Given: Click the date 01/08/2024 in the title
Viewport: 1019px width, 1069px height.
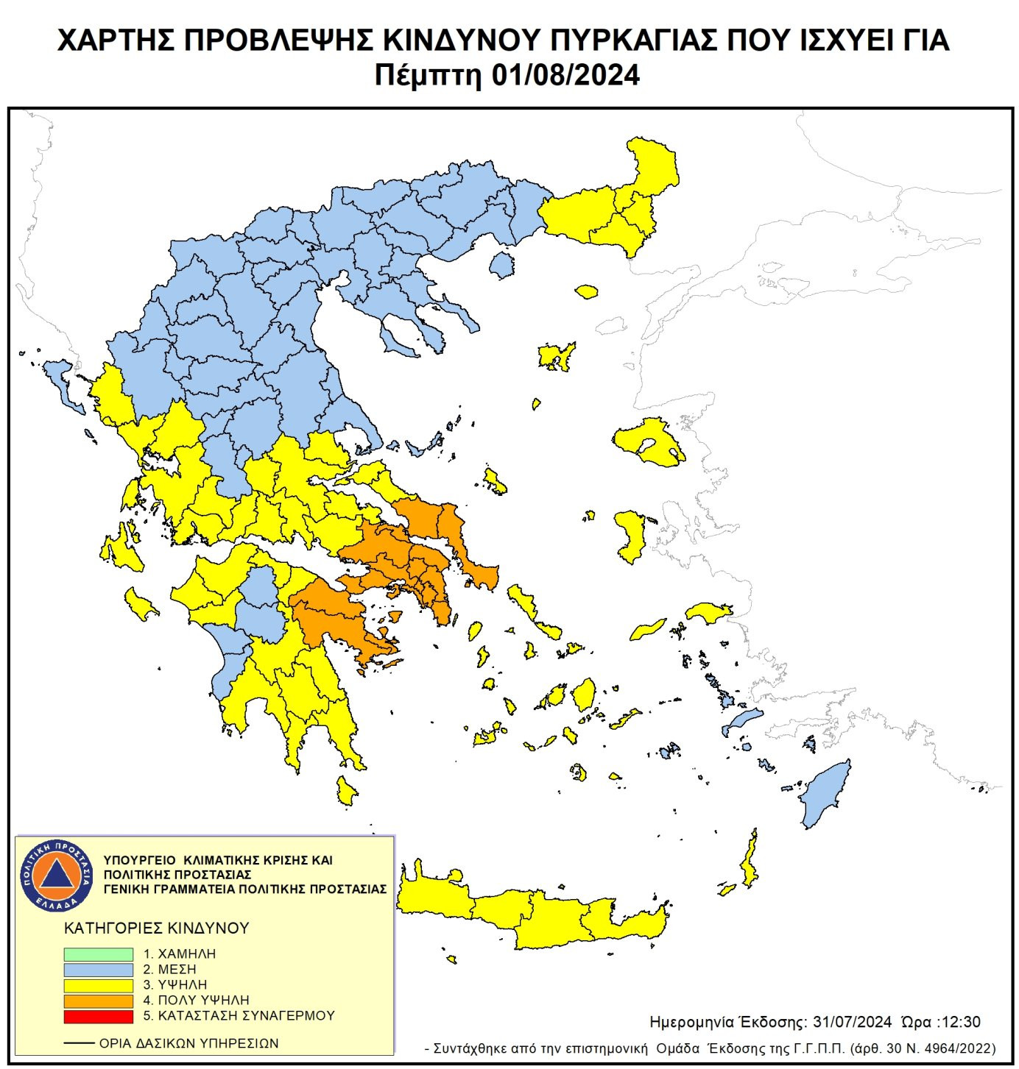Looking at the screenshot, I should click(565, 76).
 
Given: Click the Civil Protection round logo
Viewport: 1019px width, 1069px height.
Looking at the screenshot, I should click(57, 875).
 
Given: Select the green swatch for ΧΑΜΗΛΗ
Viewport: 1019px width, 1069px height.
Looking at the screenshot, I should click(98, 953).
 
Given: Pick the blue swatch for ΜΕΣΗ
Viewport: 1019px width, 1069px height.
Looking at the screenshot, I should click(98, 969).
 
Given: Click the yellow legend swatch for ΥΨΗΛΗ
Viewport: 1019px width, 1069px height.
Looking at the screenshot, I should click(98, 984).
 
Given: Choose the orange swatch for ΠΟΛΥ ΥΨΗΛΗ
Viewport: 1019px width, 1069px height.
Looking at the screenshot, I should click(98, 1001).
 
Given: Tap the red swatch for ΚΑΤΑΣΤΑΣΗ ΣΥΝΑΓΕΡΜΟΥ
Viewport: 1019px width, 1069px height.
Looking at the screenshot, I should click(98, 1016).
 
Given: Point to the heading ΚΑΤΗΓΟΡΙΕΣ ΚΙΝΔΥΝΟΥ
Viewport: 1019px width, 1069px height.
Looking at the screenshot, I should click(157, 928).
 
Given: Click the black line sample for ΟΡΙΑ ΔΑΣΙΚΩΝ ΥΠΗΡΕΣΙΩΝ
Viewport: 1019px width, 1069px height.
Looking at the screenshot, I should click(79, 1043).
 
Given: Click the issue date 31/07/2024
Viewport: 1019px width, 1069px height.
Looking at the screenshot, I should click(852, 1022).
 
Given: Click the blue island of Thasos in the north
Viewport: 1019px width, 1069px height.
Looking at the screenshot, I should click(502, 265).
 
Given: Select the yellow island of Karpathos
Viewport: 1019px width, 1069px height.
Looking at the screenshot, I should click(750, 861).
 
